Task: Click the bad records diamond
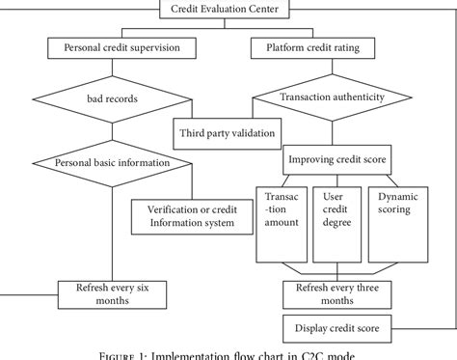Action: tap(115, 98)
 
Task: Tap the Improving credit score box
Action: tap(337, 158)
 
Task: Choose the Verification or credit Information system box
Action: tap(193, 214)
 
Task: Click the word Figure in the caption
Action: tap(144, 353)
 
